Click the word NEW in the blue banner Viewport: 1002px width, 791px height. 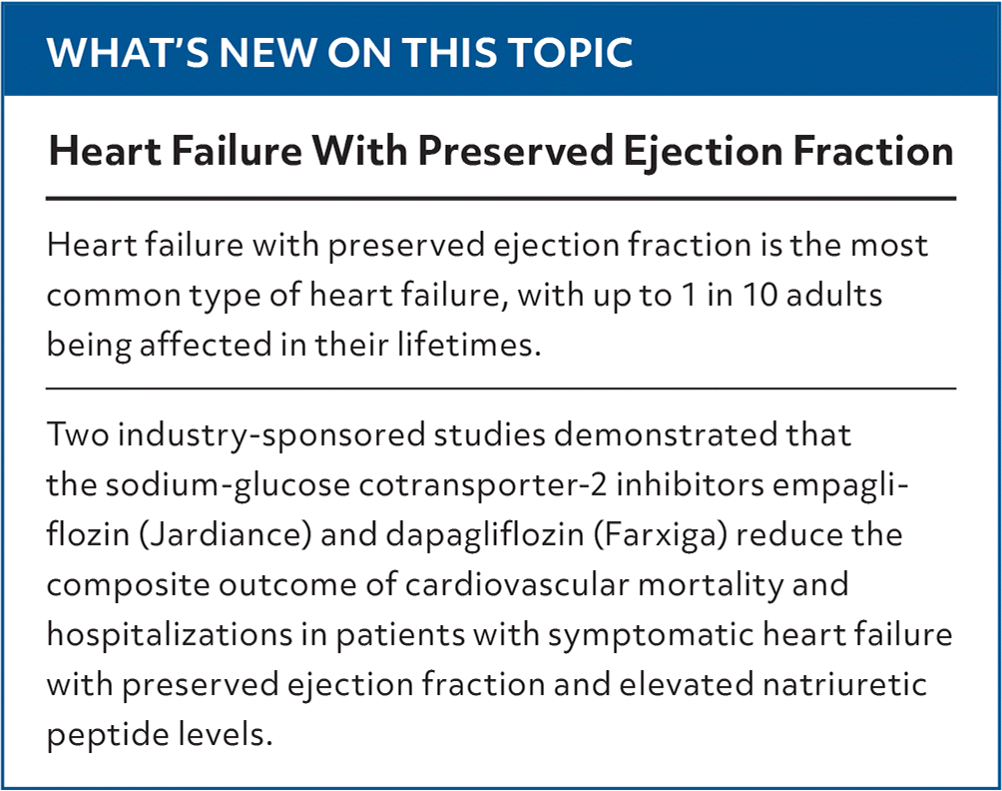click(x=263, y=52)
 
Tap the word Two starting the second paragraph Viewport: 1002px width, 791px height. click(x=78, y=434)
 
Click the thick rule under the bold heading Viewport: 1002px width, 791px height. click(x=501, y=199)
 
